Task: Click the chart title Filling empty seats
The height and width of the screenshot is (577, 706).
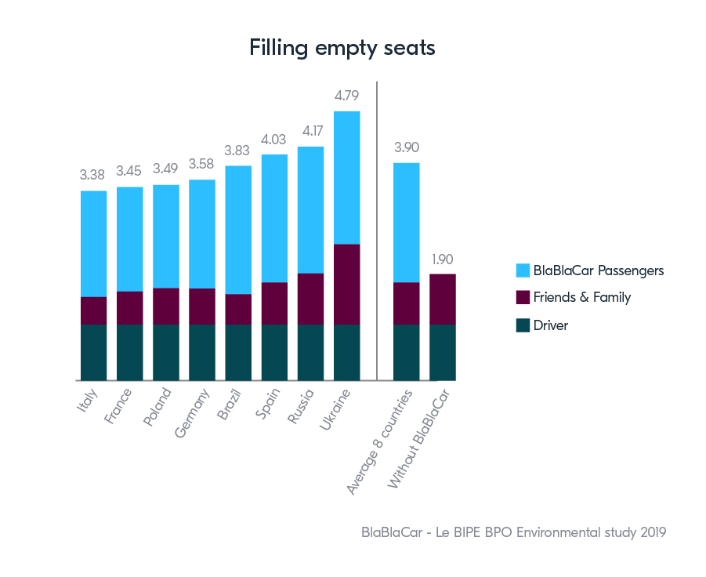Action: click(342, 48)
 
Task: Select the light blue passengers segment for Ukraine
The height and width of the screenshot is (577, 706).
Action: click(346, 177)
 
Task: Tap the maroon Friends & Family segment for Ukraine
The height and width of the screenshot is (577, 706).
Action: click(346, 284)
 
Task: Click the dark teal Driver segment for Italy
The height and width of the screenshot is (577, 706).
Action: click(93, 352)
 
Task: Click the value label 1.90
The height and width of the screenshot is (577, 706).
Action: click(442, 259)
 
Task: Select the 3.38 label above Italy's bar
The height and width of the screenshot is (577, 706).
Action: click(93, 176)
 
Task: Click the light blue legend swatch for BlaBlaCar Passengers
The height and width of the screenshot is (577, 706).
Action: click(523, 270)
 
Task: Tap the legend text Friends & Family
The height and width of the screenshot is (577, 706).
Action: click(581, 297)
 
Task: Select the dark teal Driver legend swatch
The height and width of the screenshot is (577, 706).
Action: click(523, 325)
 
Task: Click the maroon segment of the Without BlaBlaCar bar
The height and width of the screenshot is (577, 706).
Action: click(442, 299)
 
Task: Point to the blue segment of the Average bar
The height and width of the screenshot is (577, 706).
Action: click(406, 222)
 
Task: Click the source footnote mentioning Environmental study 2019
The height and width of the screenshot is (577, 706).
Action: click(513, 532)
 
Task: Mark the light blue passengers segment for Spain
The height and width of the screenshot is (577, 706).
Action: click(274, 218)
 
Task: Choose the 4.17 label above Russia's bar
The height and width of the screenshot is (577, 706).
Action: click(310, 132)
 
